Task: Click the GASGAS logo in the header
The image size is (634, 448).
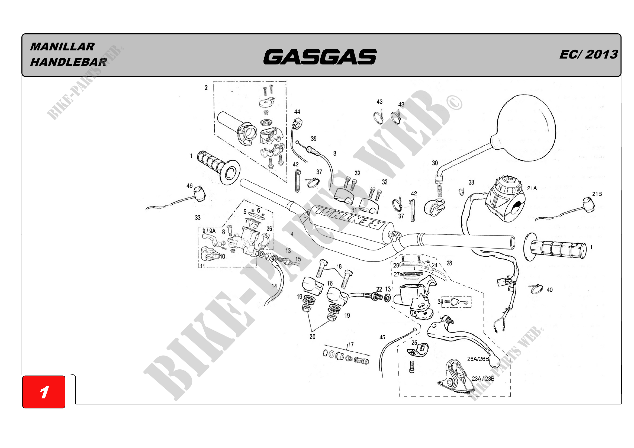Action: (x=320, y=57)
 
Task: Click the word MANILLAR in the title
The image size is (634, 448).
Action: (x=62, y=47)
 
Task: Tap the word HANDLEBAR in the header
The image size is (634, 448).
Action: (x=69, y=62)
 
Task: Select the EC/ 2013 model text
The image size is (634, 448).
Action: (x=588, y=54)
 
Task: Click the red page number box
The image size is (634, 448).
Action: (x=44, y=392)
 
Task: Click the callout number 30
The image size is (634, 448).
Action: (x=435, y=163)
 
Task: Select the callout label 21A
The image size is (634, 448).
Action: (x=532, y=188)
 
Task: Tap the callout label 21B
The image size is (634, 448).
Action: (x=597, y=194)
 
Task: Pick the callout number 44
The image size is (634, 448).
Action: (x=297, y=112)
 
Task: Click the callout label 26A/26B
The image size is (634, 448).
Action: (x=478, y=359)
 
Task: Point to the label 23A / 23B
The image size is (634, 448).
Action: (x=483, y=379)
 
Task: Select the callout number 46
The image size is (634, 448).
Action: (x=189, y=186)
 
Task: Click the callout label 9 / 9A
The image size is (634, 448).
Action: (x=209, y=231)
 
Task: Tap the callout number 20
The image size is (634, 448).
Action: (x=312, y=337)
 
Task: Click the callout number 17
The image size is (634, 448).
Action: (x=351, y=345)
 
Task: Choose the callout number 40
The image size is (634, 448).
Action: (x=549, y=290)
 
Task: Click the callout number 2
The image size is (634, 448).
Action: (x=206, y=88)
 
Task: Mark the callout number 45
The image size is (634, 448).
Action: (x=382, y=337)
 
